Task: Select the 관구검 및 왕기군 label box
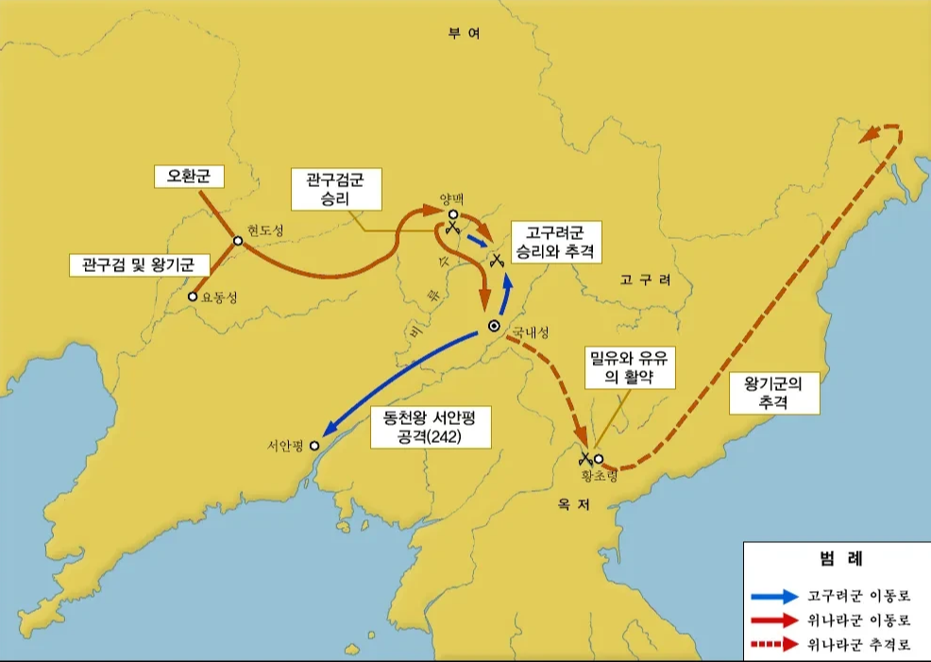click(138, 264)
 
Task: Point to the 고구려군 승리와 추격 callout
click(556, 243)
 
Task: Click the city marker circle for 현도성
click(239, 241)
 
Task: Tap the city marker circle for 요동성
click(193, 297)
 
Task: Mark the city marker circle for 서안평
click(314, 446)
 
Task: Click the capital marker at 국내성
click(494, 326)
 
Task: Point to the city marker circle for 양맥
click(454, 214)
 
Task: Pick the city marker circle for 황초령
click(599, 459)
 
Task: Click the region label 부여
click(465, 33)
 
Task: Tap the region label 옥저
click(574, 506)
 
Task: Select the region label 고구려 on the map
click(645, 280)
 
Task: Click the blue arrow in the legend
click(773, 597)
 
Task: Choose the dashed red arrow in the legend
click(773, 646)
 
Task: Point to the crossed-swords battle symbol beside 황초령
click(586, 460)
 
